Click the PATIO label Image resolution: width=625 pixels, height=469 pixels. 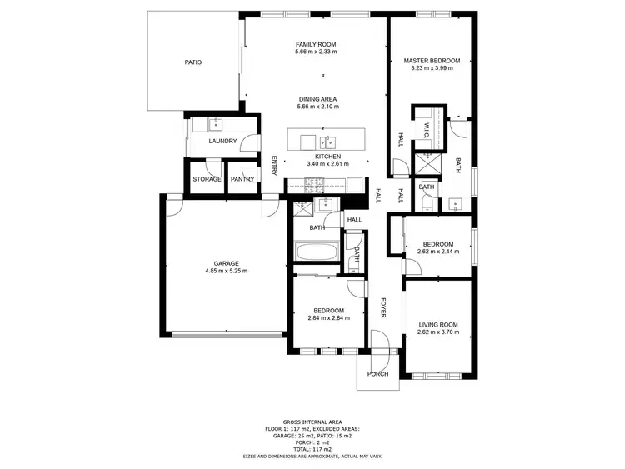[193, 62]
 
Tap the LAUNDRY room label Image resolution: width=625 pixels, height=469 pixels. [222, 141]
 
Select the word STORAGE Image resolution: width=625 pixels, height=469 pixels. [207, 179]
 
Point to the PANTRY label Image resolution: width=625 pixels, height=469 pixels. [242, 179]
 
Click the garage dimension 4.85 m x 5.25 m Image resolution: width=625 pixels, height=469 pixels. [226, 271]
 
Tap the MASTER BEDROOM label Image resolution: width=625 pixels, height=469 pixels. [432, 61]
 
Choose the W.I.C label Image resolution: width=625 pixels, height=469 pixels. [425, 129]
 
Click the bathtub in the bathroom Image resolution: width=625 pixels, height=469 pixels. [317, 252]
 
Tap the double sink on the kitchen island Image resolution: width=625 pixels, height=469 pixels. [327, 140]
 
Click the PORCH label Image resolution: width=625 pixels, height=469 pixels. [378, 374]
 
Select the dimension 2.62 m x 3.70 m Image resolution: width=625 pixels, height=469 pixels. [438, 332]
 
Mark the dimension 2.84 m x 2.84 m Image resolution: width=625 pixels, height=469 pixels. [328, 317]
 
